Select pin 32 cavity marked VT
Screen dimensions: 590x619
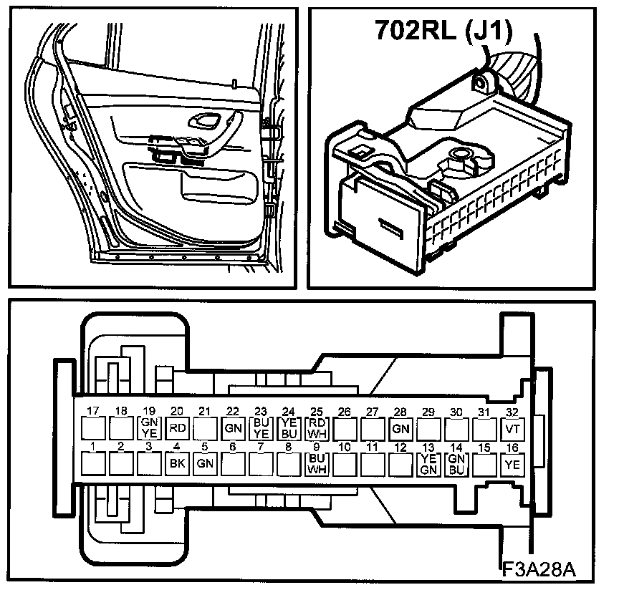(512, 429)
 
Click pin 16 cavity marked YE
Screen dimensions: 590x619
(512, 465)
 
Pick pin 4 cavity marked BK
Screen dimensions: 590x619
(176, 465)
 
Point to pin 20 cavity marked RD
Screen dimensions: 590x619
(176, 429)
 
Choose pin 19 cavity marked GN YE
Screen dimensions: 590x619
(149, 428)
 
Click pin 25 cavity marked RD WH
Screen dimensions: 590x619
(316, 428)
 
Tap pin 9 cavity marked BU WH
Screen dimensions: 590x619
(316, 464)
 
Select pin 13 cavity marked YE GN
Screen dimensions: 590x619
(428, 465)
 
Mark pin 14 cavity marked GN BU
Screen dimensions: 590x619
(456, 465)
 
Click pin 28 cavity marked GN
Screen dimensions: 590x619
(400, 429)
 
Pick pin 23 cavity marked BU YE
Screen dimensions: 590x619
(261, 428)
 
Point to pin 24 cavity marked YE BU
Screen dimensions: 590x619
(288, 428)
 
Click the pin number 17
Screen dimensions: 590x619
(92, 411)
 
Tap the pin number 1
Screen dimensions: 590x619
(92, 448)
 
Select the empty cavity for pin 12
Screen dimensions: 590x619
(400, 465)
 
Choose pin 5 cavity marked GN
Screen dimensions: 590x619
(205, 465)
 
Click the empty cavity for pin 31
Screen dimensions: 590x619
(484, 429)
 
